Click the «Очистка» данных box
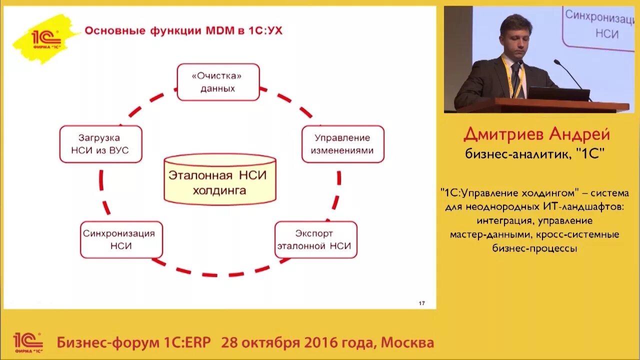(218, 82)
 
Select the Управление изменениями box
(343, 144)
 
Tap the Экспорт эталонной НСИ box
(316, 239)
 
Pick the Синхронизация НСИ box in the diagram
(121, 239)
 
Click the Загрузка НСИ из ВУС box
(100, 144)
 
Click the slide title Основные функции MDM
(183, 31)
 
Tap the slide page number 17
(421, 303)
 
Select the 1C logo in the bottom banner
(27, 342)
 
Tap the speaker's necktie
(515, 80)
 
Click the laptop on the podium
(558, 93)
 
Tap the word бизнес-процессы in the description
(534, 248)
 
